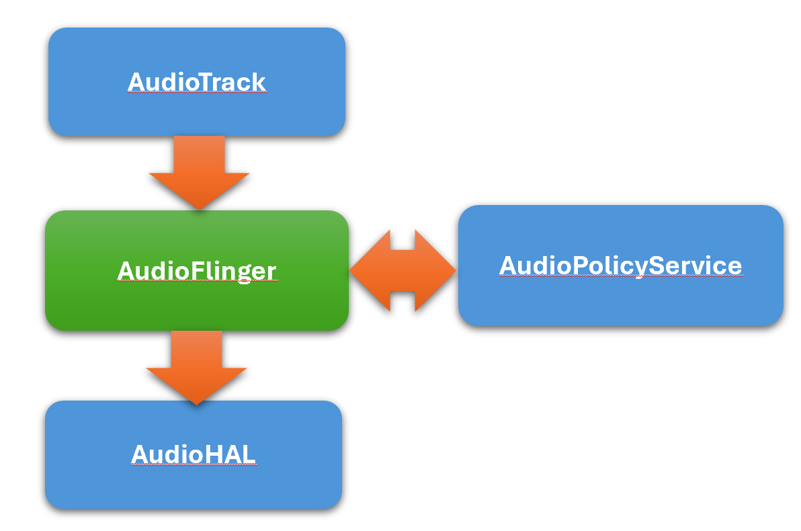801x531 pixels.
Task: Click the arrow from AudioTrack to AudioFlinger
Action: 199,171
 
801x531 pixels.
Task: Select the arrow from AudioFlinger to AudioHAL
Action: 197,366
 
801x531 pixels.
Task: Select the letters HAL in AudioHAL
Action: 230,455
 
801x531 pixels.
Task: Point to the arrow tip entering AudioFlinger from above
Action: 199,208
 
